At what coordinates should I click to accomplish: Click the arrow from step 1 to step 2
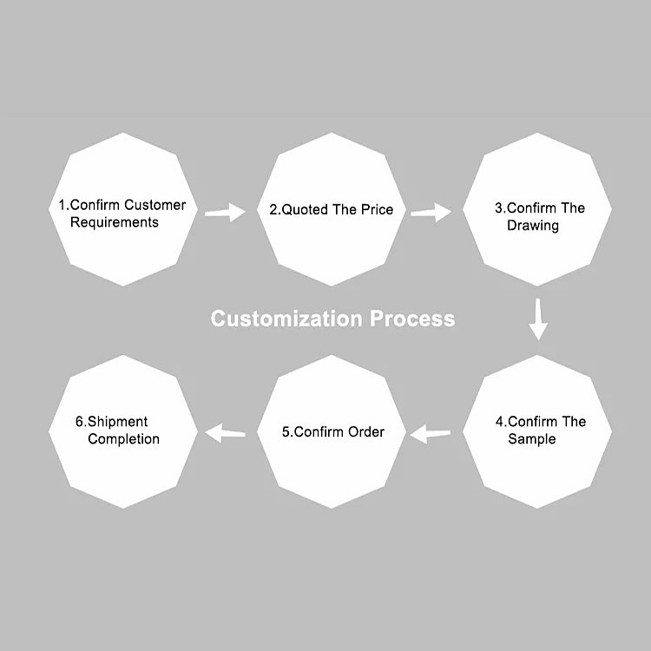point(226,213)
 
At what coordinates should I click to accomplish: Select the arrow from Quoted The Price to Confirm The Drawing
point(431,213)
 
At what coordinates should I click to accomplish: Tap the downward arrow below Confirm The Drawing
point(538,319)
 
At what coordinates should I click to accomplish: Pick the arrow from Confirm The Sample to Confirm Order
point(431,434)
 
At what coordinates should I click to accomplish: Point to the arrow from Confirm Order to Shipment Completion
point(225,433)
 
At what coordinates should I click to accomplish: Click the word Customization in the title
point(287,319)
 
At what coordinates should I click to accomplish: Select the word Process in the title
point(412,319)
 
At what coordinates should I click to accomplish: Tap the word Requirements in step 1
point(115,222)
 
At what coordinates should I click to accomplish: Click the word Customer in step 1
point(155,205)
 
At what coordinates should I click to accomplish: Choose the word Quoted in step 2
point(305,209)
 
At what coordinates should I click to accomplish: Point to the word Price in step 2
point(377,209)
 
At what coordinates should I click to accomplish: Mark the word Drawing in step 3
point(533,226)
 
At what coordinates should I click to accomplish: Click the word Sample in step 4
point(532,439)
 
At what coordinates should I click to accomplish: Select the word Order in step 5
point(366,431)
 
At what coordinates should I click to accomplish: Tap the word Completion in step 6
point(124,439)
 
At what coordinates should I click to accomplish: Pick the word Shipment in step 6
point(117,422)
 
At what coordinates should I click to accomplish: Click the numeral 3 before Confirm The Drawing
point(498,208)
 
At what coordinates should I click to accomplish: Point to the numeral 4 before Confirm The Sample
point(499,422)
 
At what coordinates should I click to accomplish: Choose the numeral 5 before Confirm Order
point(286,431)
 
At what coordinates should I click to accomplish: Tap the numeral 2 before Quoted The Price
point(273,209)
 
